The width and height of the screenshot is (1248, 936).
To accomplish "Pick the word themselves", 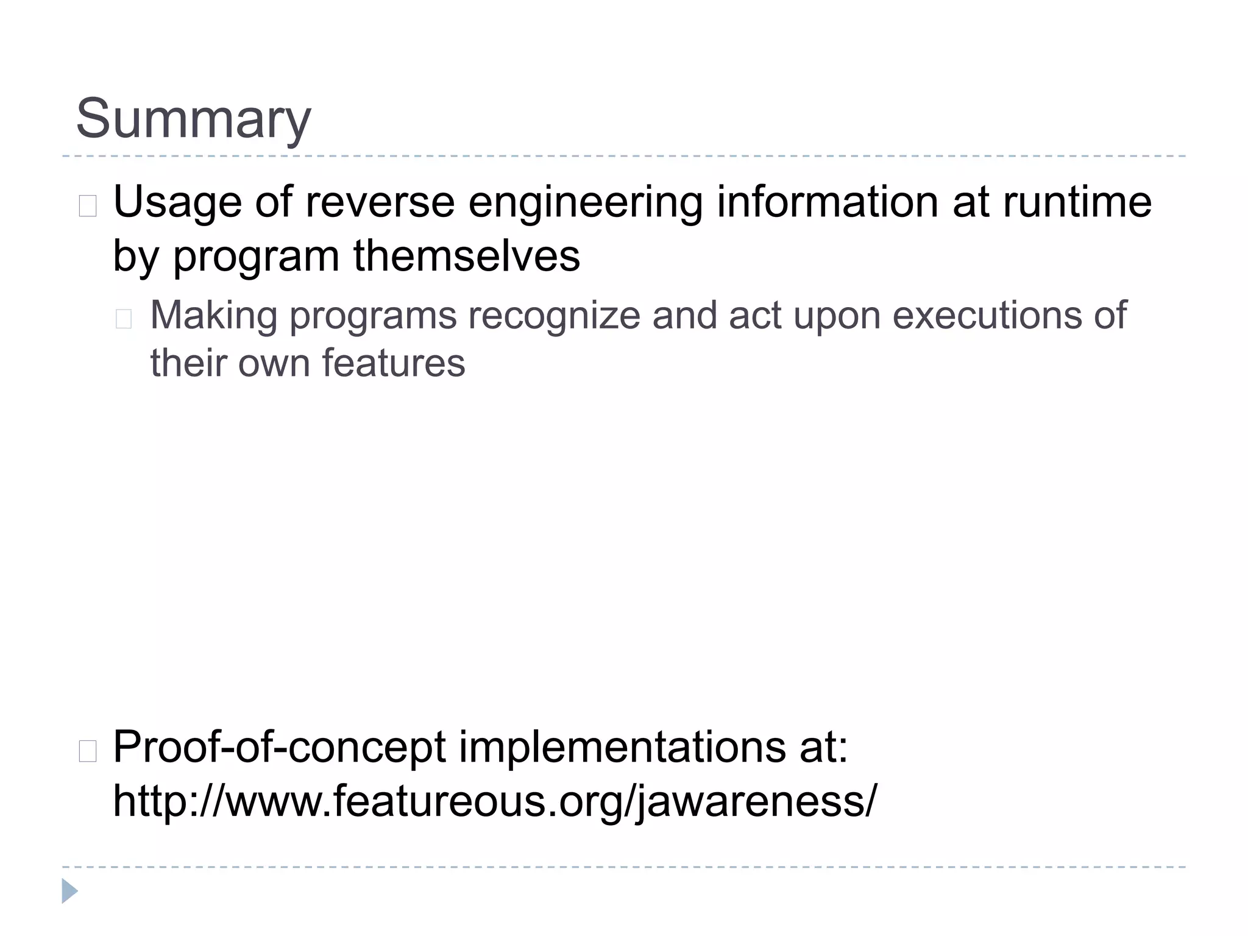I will point(466,255).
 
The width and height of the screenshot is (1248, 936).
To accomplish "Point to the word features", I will point(393,364).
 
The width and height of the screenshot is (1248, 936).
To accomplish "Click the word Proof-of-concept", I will point(279,748).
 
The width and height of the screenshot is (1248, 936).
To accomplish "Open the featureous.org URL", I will point(494,801).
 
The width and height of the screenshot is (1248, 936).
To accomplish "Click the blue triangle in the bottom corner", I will point(69,891).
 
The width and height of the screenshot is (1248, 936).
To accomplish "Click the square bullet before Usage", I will point(88,207).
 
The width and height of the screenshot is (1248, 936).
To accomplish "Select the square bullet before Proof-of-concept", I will point(88,752).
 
